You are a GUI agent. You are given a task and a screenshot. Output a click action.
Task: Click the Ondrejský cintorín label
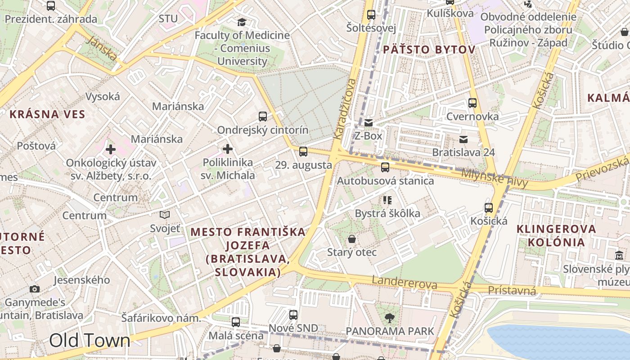pyautogui.click(x=263, y=130)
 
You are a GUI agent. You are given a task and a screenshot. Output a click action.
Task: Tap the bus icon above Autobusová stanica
pyautogui.click(x=385, y=167)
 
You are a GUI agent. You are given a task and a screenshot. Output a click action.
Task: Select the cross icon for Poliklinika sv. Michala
pyautogui.click(x=228, y=149)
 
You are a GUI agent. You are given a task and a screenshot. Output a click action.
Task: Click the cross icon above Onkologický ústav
pyautogui.click(x=111, y=149)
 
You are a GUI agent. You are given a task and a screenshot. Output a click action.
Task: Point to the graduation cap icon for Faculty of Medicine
pyautogui.click(x=242, y=22)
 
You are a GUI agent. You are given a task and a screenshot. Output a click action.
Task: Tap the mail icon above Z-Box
pyautogui.click(x=369, y=123)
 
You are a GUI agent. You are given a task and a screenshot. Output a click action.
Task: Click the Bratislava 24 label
pyautogui.click(x=463, y=153)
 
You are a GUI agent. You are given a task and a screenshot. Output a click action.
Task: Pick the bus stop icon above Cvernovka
pyautogui.click(x=472, y=103)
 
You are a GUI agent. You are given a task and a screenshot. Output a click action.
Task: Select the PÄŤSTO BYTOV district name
pyautogui.click(x=429, y=49)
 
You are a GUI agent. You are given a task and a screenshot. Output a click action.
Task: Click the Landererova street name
pyautogui.click(x=404, y=283)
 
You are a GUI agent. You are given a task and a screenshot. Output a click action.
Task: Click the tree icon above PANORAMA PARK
pyautogui.click(x=390, y=318)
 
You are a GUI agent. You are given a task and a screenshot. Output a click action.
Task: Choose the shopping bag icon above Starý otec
pyautogui.click(x=352, y=239)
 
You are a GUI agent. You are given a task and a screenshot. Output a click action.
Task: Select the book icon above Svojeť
pyautogui.click(x=165, y=215)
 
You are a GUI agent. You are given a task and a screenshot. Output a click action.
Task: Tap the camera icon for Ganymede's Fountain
pyautogui.click(x=35, y=289)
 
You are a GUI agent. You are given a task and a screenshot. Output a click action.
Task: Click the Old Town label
pyautogui.click(x=90, y=341)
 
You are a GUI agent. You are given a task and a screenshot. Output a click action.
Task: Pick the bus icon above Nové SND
pyautogui.click(x=293, y=315)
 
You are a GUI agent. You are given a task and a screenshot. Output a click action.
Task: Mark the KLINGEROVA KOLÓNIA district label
pyautogui.click(x=556, y=235)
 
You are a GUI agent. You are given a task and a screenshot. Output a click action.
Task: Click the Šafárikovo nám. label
pyautogui.click(x=161, y=318)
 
